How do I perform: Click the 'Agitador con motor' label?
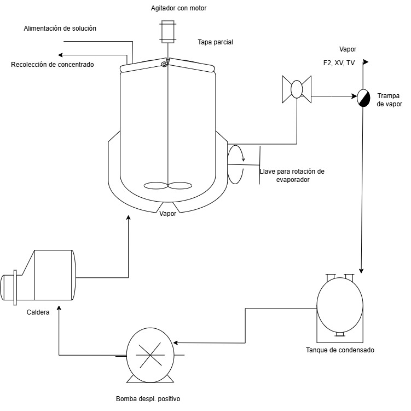[178, 8]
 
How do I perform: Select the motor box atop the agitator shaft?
[168, 32]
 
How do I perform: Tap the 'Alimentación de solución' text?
[60, 28]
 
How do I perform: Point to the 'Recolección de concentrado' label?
[53, 65]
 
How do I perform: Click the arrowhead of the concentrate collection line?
[60, 55]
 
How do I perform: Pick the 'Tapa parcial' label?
[216, 42]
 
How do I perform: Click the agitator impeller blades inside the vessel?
[168, 186]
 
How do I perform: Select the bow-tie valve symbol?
[297, 89]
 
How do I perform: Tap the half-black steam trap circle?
[363, 98]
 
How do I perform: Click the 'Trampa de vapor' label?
[389, 100]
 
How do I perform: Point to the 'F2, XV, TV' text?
[339, 63]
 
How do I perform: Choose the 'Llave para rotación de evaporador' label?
[292, 175]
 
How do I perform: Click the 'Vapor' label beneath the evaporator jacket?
[168, 214]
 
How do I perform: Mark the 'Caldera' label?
[38, 312]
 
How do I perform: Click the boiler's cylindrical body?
[53, 275]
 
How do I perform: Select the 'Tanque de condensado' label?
[340, 350]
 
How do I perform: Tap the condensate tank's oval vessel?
[340, 305]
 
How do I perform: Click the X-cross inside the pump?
[150, 355]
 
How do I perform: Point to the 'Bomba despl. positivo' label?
[148, 399]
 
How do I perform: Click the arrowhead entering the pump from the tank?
[176, 342]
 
